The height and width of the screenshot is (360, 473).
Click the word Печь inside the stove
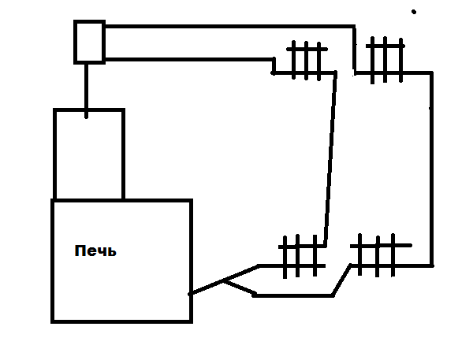[x=95, y=251]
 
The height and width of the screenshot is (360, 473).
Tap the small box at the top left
[x=90, y=42]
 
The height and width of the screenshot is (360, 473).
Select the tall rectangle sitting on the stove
[x=89, y=154]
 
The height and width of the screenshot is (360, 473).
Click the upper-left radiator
[x=307, y=61]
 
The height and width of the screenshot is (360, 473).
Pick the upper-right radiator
[x=385, y=60]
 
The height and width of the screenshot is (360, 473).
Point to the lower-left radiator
[x=302, y=256]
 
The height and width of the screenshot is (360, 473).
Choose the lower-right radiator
[x=381, y=255]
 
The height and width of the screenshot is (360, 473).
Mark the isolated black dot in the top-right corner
[x=414, y=12]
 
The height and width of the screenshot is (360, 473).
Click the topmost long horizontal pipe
[x=230, y=27]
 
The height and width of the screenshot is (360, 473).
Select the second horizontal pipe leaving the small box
[x=189, y=59]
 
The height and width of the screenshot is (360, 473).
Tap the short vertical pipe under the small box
[x=87, y=91]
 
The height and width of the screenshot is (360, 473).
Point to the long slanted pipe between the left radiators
[x=330, y=159]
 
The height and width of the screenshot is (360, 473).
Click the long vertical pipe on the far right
[x=432, y=169]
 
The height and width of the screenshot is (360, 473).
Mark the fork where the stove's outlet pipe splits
[x=224, y=281]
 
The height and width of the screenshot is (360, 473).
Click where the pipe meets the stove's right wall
[x=190, y=294]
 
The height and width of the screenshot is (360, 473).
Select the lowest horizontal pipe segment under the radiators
[x=293, y=295]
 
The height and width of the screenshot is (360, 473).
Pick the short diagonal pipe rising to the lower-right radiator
[x=342, y=280]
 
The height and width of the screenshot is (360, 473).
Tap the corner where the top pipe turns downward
[x=354, y=27]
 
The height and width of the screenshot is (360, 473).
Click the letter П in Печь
[x=80, y=251]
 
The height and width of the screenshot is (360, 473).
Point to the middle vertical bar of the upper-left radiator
[x=306, y=61]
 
